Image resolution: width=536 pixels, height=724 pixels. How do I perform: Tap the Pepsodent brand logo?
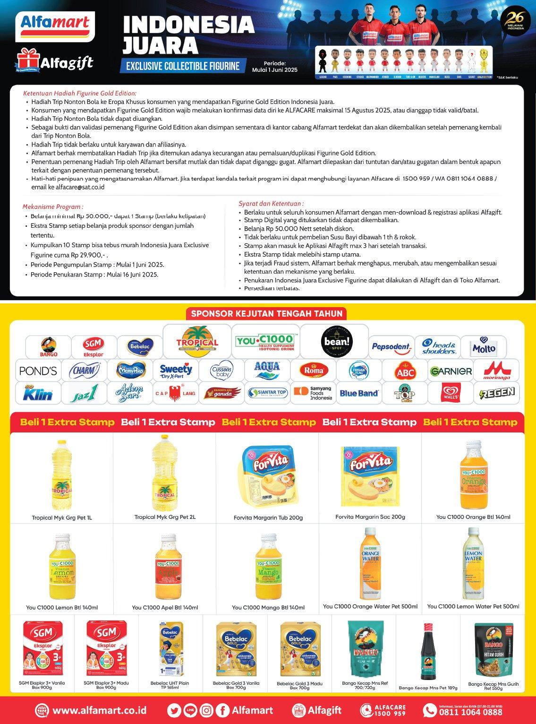391,346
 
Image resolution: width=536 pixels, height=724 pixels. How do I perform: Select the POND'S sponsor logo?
38,371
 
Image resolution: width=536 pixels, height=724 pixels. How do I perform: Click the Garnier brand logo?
451,371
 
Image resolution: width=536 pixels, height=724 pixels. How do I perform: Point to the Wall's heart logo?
451,393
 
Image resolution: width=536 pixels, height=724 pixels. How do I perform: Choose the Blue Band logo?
359,393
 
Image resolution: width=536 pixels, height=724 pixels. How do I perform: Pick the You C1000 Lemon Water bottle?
473,565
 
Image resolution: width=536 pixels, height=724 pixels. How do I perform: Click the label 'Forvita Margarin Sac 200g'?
370,517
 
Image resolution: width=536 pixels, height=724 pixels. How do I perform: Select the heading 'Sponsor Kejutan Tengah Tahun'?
267,313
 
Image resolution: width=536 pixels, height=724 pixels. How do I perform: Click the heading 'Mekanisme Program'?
53,207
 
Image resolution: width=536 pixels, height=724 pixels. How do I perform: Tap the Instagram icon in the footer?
206,710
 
